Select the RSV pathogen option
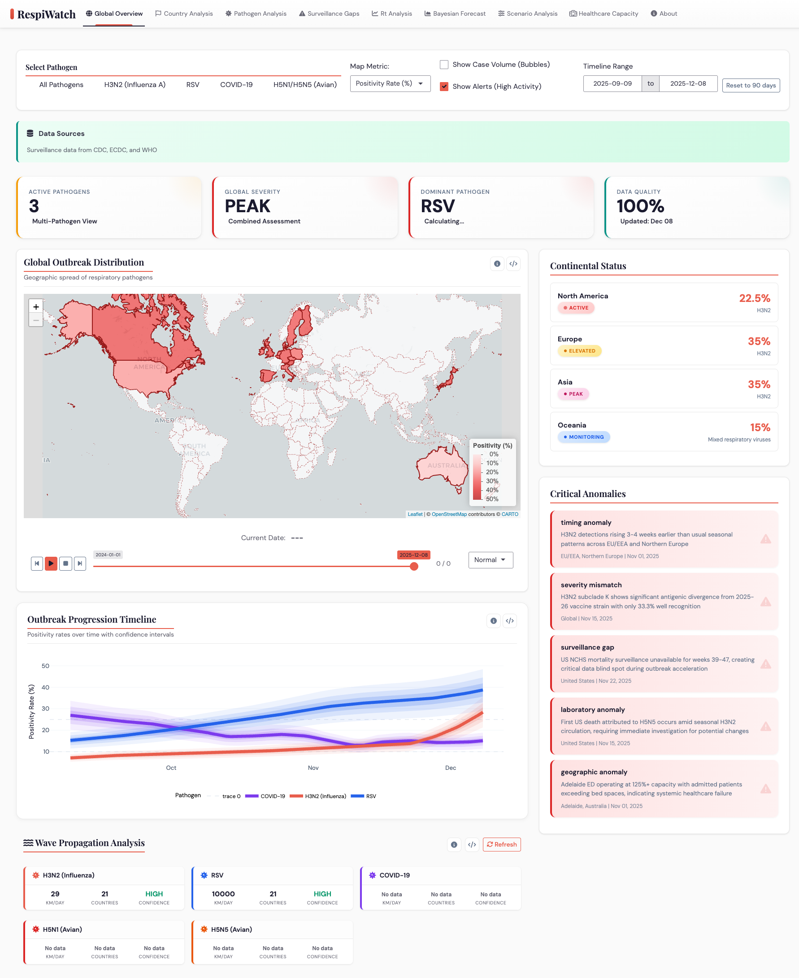coord(192,85)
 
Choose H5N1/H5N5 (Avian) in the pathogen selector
coord(305,85)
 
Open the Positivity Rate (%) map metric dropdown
coord(390,84)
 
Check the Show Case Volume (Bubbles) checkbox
coord(444,65)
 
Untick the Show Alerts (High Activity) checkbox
coord(444,87)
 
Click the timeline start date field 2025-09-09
coord(612,84)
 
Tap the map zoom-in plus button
coord(36,307)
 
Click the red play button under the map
coord(51,563)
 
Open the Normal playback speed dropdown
coord(490,560)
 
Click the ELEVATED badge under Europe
coord(579,351)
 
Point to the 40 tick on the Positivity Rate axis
coord(45,687)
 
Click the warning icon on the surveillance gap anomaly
coord(765,664)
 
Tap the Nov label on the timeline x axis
coord(313,768)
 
